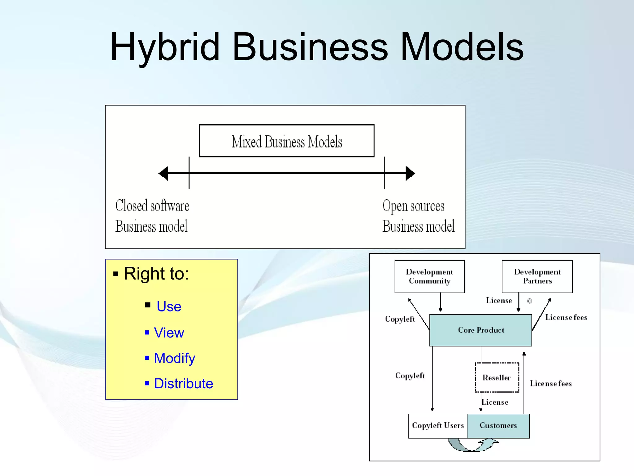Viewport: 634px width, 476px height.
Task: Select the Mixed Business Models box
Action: pyautogui.click(x=286, y=141)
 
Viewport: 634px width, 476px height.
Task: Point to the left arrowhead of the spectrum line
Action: pyautogui.click(x=163, y=173)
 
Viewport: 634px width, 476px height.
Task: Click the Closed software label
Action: pyautogui.click(x=152, y=206)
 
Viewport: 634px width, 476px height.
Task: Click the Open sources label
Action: pyautogui.click(x=413, y=206)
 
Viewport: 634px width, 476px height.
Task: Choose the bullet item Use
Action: pyautogui.click(x=169, y=306)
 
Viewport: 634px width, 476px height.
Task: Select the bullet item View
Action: pyautogui.click(x=169, y=333)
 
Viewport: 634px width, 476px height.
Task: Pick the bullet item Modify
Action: pyautogui.click(x=175, y=358)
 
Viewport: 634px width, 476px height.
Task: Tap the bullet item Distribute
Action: pyautogui.click(x=184, y=384)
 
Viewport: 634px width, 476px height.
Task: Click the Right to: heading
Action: pyautogui.click(x=156, y=274)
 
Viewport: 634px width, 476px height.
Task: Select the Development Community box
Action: pyautogui.click(x=429, y=276)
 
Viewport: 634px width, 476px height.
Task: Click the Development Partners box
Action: pyautogui.click(x=537, y=276)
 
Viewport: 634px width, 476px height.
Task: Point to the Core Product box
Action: pyautogui.click(x=480, y=330)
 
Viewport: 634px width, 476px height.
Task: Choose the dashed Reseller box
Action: pyautogui.click(x=497, y=377)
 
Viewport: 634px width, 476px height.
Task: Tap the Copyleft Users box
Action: pyautogui.click(x=438, y=426)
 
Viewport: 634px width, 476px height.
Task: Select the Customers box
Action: pyautogui.click(x=498, y=426)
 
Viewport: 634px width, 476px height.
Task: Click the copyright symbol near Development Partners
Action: pyautogui.click(x=529, y=301)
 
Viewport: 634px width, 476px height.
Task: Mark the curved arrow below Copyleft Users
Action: pyautogui.click(x=472, y=445)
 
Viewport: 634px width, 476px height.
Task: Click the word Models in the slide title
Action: pyautogui.click(x=462, y=47)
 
